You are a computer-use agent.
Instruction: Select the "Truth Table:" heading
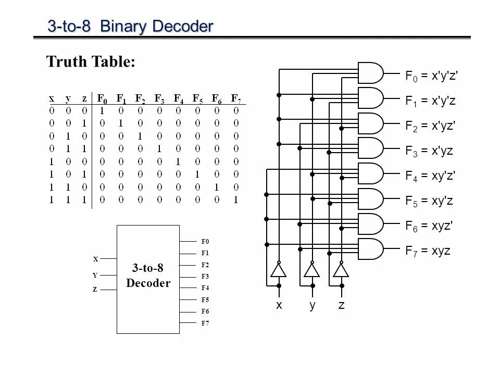pyautogui.click(x=91, y=62)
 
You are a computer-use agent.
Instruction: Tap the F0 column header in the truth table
pyautogui.click(x=102, y=98)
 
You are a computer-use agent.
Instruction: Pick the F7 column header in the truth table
pyautogui.click(x=236, y=98)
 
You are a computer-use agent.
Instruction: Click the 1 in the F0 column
pyautogui.click(x=102, y=110)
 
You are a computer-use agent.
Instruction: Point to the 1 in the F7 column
pyautogui.click(x=236, y=199)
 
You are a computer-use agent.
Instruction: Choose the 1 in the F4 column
pyautogui.click(x=178, y=161)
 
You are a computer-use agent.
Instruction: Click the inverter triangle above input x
pyautogui.click(x=279, y=270)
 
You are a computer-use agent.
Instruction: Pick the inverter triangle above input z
pyautogui.click(x=341, y=270)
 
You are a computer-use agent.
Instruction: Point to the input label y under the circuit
pyautogui.click(x=312, y=306)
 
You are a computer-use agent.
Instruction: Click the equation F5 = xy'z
pyautogui.click(x=429, y=201)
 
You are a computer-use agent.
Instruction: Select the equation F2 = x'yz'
pyautogui.click(x=430, y=126)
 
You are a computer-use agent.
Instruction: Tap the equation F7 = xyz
pyautogui.click(x=428, y=251)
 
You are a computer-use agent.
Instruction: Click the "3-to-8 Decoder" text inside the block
pyautogui.click(x=148, y=276)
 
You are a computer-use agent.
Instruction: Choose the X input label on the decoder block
pyautogui.click(x=95, y=259)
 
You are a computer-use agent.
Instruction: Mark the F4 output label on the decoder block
pyautogui.click(x=205, y=288)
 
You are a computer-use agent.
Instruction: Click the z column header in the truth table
pyautogui.click(x=84, y=98)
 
